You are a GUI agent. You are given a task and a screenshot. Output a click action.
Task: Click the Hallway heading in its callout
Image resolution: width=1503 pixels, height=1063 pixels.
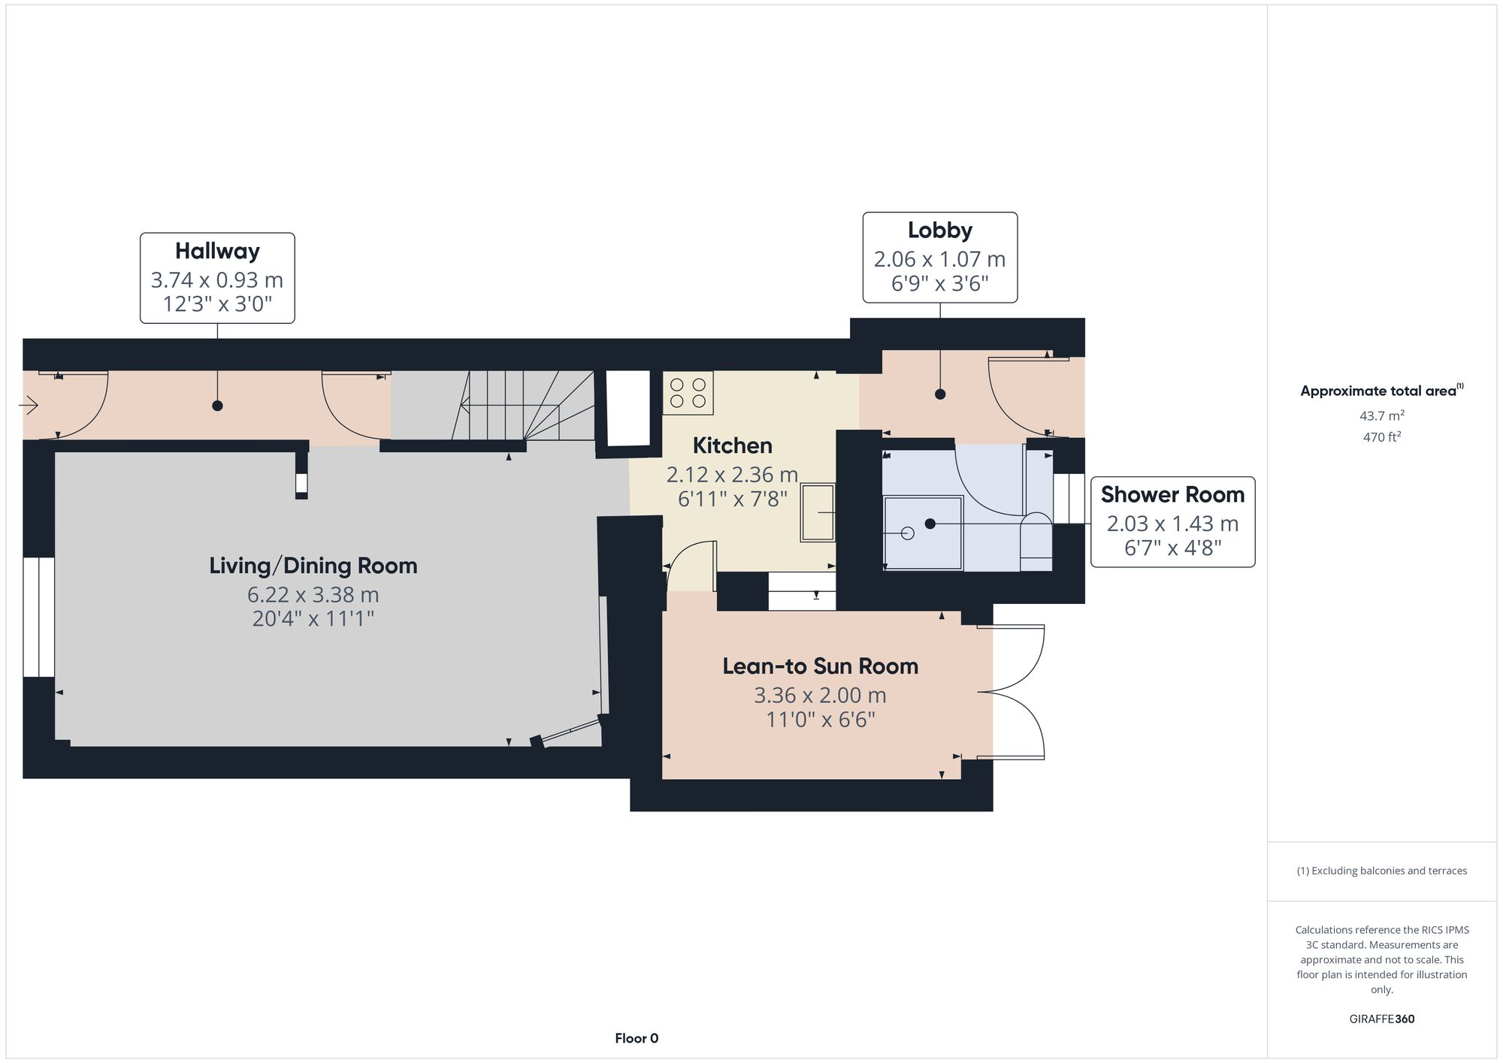[x=217, y=251]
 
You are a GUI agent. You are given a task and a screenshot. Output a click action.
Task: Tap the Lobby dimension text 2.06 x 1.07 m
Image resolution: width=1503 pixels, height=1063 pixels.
[x=939, y=259]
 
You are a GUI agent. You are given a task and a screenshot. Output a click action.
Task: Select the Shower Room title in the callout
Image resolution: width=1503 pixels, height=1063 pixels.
[x=1172, y=494]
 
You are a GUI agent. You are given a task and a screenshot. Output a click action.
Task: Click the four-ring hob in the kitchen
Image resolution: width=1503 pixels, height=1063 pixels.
[x=688, y=393]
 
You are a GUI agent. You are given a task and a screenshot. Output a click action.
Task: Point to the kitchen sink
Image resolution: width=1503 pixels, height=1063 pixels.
[x=818, y=512]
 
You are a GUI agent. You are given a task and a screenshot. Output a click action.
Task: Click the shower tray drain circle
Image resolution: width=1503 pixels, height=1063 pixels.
[x=907, y=533]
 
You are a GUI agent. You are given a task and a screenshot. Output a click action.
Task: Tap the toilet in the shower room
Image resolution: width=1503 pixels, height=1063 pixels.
[x=1036, y=541]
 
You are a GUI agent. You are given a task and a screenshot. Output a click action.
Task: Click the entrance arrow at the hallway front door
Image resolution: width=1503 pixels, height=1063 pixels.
[x=29, y=406]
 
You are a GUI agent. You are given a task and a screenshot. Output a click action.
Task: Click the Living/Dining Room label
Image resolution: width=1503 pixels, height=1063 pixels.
[x=313, y=566]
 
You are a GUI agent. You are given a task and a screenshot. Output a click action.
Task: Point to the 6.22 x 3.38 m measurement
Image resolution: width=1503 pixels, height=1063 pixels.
[x=313, y=595]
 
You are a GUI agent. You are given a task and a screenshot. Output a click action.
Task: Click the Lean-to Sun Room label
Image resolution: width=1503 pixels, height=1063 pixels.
[x=820, y=666]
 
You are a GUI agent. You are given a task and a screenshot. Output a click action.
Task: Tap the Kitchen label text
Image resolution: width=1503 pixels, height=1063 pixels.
[x=732, y=445]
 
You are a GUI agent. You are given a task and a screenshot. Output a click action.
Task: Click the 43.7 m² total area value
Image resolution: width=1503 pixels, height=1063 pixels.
[x=1381, y=415]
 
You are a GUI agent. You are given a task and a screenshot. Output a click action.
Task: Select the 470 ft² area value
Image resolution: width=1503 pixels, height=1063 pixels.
[x=1381, y=436]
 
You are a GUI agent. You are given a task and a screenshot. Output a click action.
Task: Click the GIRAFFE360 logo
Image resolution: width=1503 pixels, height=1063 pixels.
[x=1381, y=1019]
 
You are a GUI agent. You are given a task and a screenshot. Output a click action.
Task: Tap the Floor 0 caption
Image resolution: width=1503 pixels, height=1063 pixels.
[x=637, y=1038]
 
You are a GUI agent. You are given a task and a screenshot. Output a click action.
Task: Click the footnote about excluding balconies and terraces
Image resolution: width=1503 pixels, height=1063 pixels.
[x=1381, y=871]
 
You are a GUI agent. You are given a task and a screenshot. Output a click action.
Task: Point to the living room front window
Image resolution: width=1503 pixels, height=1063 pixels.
[x=38, y=617]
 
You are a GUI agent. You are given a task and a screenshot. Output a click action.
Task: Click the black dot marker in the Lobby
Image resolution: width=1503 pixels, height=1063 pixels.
[x=940, y=394]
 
